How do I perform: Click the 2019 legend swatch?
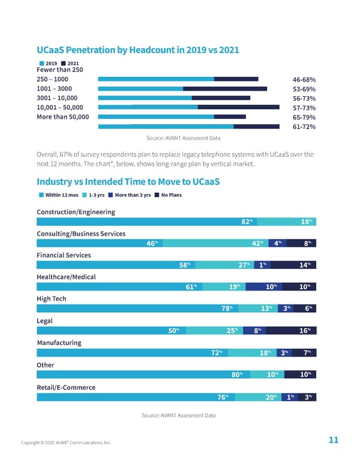click(x=40, y=63)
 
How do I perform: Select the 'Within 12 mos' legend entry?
click(x=59, y=195)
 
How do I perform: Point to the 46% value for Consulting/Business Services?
click(x=152, y=243)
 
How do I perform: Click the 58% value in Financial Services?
click(x=185, y=265)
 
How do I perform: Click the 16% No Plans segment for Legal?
click(x=305, y=330)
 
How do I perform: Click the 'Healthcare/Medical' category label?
click(x=66, y=277)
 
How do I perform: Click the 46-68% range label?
click(x=304, y=79)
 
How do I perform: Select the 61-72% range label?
click(x=304, y=127)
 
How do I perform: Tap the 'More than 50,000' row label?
click(x=62, y=116)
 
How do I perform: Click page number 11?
click(x=334, y=440)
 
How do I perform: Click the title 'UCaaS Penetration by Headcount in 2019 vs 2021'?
click(x=138, y=50)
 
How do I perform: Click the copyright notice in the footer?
click(x=66, y=443)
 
